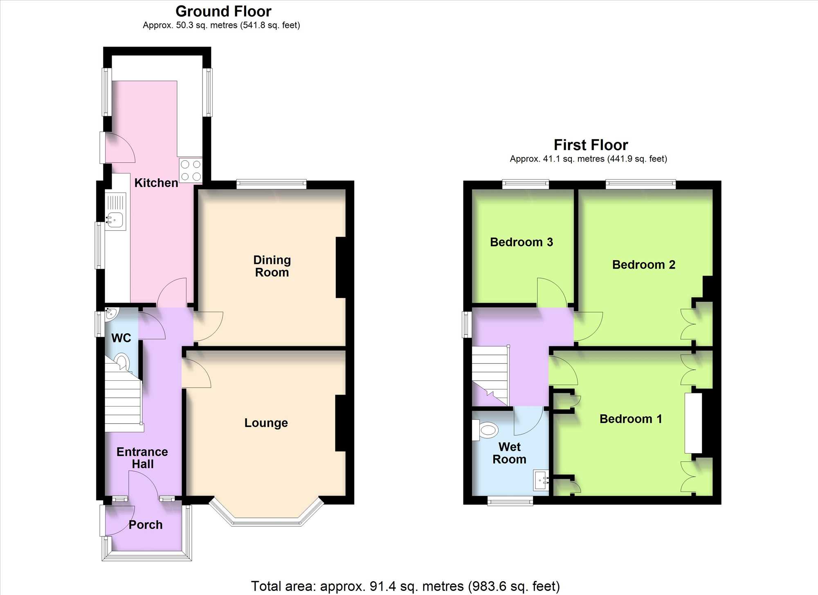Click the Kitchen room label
pyautogui.click(x=156, y=183)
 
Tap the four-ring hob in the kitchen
pyautogui.click(x=191, y=170)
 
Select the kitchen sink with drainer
pyautogui.click(x=115, y=211)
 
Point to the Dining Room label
pyautogui.click(x=272, y=266)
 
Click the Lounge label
pyautogui.click(x=266, y=423)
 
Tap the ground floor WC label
pyautogui.click(x=121, y=338)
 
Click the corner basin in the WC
pyautogui.click(x=111, y=314)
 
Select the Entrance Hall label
pyautogui.click(x=142, y=458)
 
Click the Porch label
pyautogui.click(x=146, y=525)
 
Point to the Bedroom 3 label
pyautogui.click(x=521, y=242)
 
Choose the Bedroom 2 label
pyautogui.click(x=644, y=265)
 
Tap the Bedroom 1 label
pyautogui.click(x=631, y=419)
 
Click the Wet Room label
pyautogui.click(x=509, y=453)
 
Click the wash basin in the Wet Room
pyautogui.click(x=541, y=480)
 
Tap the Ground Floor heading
pyautogui.click(x=223, y=11)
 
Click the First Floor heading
pyautogui.click(x=591, y=145)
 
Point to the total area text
pyautogui.click(x=405, y=586)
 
